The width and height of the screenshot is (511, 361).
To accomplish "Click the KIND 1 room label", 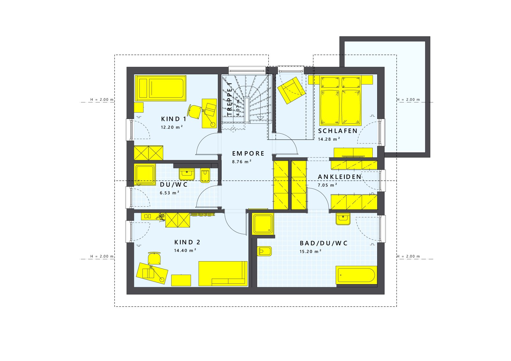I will [173, 119].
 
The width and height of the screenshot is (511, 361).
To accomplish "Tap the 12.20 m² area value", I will [172, 127].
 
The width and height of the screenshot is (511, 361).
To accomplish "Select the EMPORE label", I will [248, 154].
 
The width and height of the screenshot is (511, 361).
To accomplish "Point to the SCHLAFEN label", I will [338, 131].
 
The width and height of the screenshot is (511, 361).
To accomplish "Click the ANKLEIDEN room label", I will [339, 177].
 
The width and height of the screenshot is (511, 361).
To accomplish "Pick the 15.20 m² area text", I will [310, 252].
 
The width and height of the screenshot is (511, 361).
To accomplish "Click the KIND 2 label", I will [187, 242].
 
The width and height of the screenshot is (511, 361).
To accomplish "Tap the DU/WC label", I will [173, 185].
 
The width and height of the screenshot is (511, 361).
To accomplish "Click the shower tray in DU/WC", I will [145, 174].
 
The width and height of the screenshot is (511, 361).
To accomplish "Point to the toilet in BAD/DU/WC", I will [264, 251].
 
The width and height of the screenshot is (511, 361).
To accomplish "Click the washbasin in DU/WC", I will [187, 174].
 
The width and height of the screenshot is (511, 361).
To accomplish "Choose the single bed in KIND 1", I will [160, 88].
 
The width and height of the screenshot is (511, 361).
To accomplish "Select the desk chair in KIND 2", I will [155, 258].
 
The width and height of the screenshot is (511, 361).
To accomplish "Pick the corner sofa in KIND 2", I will [223, 273].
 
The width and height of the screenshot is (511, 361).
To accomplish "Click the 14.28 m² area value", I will [329, 139].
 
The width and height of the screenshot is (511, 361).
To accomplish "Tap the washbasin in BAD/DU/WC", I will [343, 219].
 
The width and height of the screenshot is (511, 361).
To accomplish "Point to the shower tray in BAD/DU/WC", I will [263, 224].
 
